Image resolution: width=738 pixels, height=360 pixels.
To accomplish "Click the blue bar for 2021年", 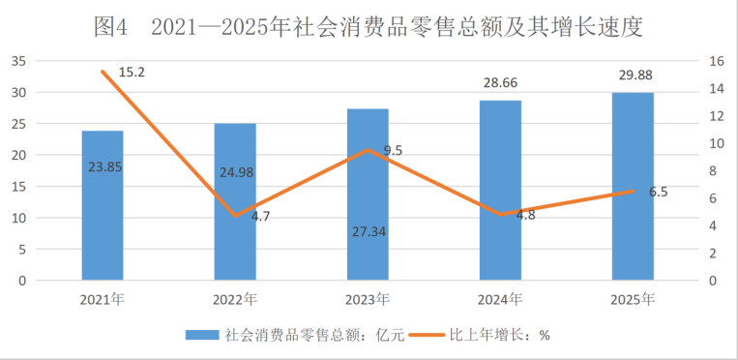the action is (103, 205).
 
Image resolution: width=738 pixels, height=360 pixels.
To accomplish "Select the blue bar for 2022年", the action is (235, 201).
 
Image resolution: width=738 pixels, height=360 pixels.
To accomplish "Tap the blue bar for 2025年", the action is (633, 187).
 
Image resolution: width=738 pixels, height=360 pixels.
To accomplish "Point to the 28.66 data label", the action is (500, 83).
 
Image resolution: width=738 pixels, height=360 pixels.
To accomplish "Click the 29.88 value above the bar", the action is (633, 75).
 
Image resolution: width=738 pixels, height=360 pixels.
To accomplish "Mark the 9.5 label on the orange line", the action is (393, 151).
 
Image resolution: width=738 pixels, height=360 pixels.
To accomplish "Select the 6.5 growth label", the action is (658, 193).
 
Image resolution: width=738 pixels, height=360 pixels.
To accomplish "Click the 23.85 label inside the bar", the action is (105, 166).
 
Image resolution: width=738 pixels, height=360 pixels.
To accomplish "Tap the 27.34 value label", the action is (369, 232).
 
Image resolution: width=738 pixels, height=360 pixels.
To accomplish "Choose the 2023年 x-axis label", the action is (369, 300).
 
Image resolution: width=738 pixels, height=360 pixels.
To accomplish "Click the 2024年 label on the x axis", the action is (500, 300).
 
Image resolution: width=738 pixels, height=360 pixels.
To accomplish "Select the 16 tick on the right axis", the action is (714, 61).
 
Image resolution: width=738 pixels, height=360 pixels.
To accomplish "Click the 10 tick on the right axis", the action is (714, 144).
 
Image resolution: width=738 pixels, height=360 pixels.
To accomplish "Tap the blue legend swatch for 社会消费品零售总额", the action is (202, 335).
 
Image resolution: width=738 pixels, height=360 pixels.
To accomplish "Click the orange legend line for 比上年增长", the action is (427, 335).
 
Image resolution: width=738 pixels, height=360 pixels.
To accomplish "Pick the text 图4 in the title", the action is (110, 27).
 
